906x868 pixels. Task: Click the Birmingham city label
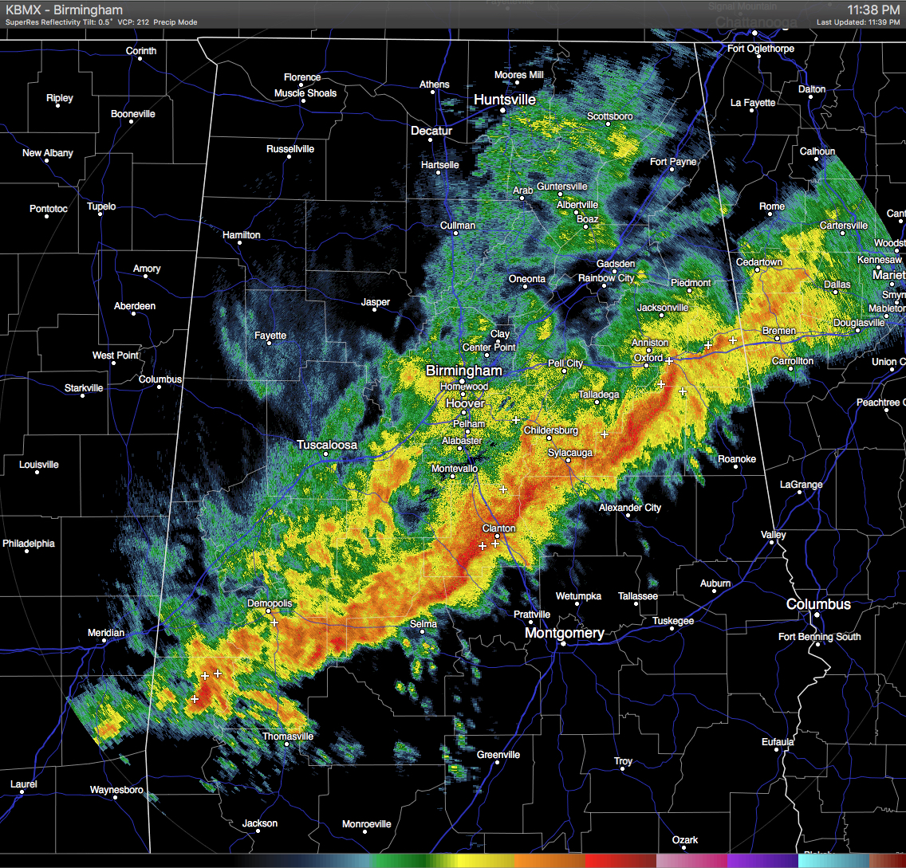pyautogui.click(x=463, y=371)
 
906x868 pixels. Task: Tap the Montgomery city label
pyautogui.click(x=564, y=633)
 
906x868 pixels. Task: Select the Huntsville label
pyautogui.click(x=505, y=100)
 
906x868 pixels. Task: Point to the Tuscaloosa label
pyautogui.click(x=327, y=445)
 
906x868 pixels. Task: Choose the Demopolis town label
pyautogui.click(x=270, y=603)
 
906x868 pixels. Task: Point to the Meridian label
pyautogui.click(x=106, y=633)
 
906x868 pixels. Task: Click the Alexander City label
pyautogui.click(x=630, y=508)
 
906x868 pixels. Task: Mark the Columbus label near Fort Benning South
pyautogui.click(x=818, y=604)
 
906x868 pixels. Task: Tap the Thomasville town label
pyautogui.click(x=288, y=736)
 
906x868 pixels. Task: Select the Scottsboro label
pyautogui.click(x=609, y=116)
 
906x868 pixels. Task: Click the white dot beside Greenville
pyautogui.click(x=497, y=763)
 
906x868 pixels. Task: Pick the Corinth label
pyautogui.click(x=141, y=51)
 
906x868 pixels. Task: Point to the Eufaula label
pyautogui.click(x=778, y=742)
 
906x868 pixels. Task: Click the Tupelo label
pyautogui.click(x=101, y=206)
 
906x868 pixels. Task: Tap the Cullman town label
pyautogui.click(x=458, y=226)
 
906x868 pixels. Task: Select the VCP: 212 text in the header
pyautogui.click(x=133, y=22)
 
